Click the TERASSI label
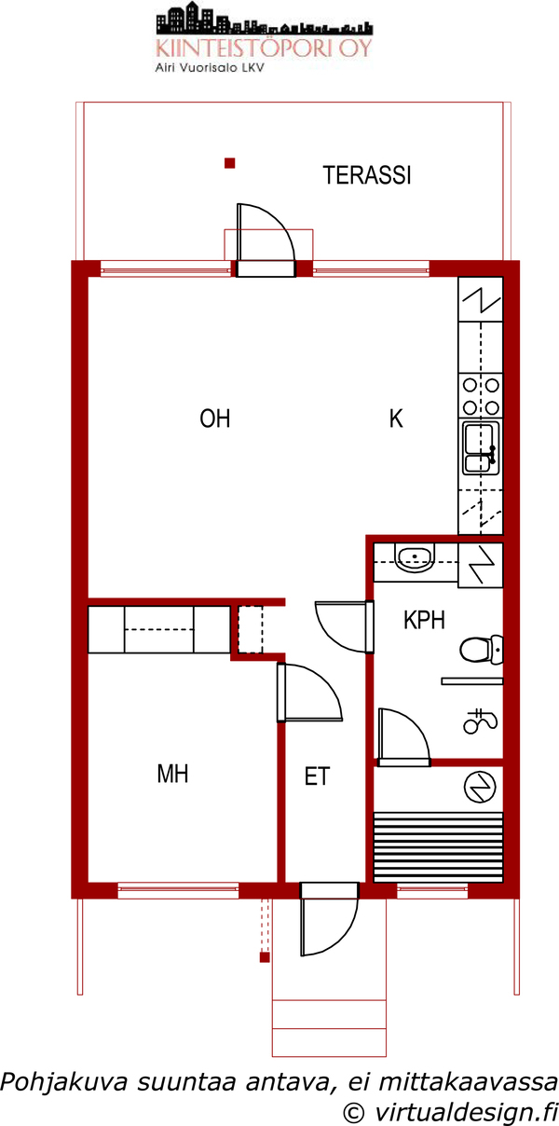(x=367, y=175)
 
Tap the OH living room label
(x=215, y=419)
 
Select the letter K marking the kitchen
(x=396, y=419)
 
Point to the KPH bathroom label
(x=425, y=620)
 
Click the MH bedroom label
(x=172, y=774)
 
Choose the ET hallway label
(x=317, y=776)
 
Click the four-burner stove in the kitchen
(x=481, y=395)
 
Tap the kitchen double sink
(x=481, y=447)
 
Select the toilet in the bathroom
(x=481, y=650)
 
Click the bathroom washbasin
(x=416, y=558)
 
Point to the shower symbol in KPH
(x=480, y=721)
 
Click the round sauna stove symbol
(x=479, y=788)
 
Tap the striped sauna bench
(x=439, y=846)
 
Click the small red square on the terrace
(x=229, y=163)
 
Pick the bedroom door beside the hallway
(x=309, y=693)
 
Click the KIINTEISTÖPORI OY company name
(x=265, y=48)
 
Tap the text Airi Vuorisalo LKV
(x=210, y=68)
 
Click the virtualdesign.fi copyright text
(x=451, y=1111)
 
